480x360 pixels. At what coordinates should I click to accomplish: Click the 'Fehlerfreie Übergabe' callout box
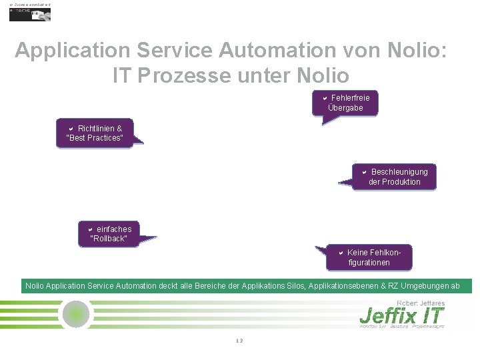pos(345,103)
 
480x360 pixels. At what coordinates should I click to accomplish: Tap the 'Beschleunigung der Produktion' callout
pos(395,177)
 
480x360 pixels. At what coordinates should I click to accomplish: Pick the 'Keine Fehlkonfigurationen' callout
pos(369,257)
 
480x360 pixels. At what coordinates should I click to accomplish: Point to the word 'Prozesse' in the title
pos(193,75)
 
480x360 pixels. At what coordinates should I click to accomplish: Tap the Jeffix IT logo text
pos(401,315)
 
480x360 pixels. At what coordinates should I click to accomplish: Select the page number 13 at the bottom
pos(239,341)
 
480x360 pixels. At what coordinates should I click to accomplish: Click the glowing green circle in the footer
pos(76,313)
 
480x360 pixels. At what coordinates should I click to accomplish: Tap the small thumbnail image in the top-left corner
pos(29,14)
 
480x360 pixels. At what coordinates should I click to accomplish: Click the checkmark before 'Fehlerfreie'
pos(325,99)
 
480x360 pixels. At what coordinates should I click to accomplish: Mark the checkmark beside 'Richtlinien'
pos(71,129)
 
